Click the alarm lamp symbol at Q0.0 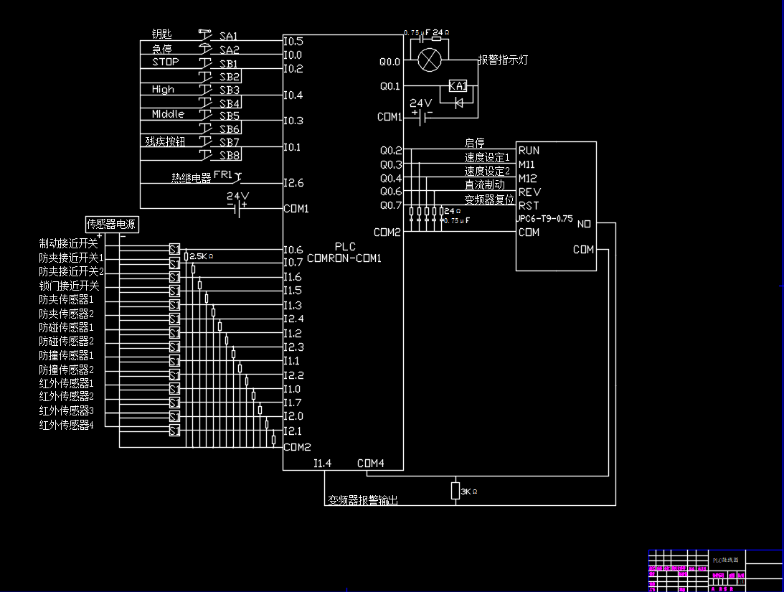[429, 60]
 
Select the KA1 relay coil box [458, 86]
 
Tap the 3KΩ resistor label [468, 492]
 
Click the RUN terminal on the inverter [529, 151]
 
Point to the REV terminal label [529, 192]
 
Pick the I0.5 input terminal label [293, 41]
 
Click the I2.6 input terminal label [293, 183]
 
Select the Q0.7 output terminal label [391, 205]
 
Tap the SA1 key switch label [229, 36]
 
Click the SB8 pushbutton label [230, 155]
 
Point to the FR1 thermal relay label [223, 175]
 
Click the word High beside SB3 [163, 90]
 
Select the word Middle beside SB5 [168, 114]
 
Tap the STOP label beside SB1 [165, 62]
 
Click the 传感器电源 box [112, 225]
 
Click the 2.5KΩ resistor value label [202, 255]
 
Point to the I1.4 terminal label [322, 463]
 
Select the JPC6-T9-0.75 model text [545, 219]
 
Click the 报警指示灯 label [503, 60]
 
